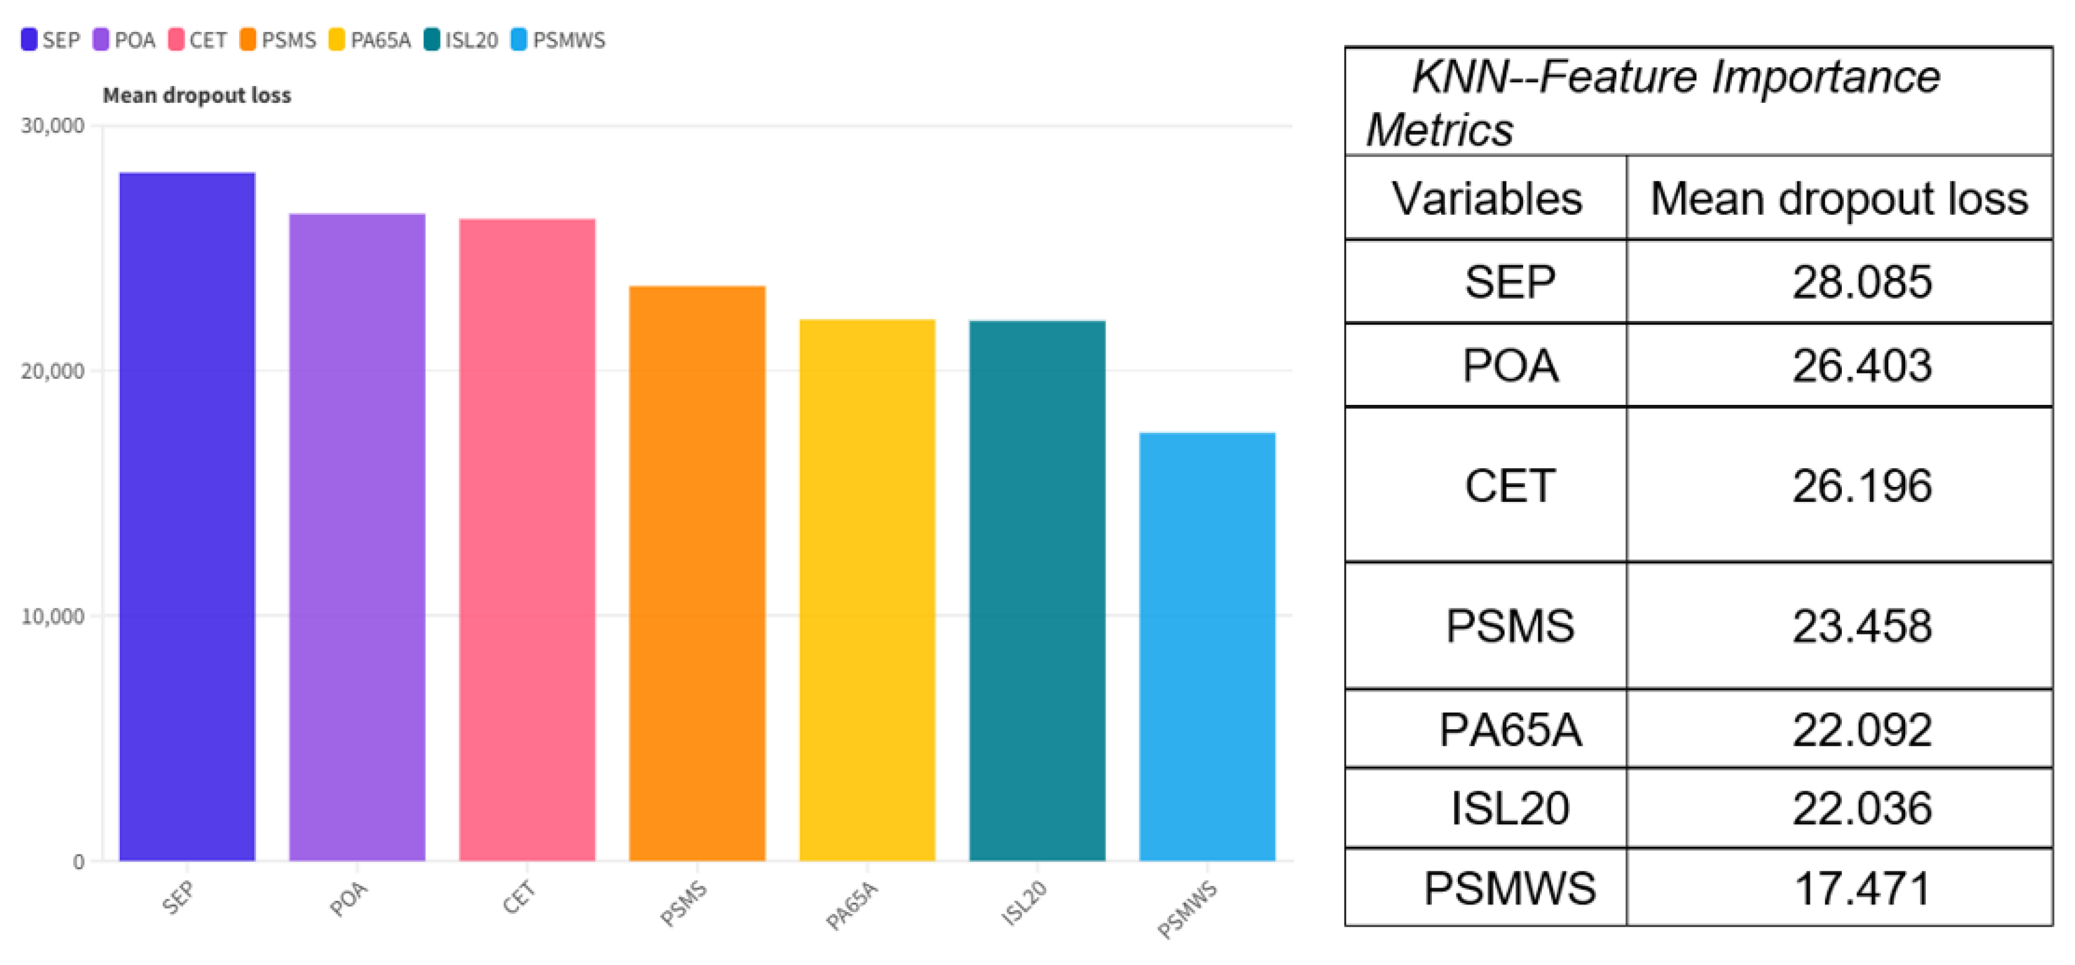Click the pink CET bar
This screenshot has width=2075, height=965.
click(527, 540)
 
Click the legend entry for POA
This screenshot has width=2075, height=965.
click(125, 40)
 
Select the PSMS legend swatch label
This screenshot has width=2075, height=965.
click(279, 40)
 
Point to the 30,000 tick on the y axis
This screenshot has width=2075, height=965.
click(52, 126)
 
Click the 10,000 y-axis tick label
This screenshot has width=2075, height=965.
click(52, 616)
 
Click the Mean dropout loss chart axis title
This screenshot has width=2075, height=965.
click(197, 95)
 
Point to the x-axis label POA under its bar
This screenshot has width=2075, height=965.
click(349, 898)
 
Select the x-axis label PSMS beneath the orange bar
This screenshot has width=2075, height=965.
click(683, 902)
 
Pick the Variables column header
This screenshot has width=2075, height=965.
click(1486, 198)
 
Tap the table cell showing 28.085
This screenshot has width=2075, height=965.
click(1862, 282)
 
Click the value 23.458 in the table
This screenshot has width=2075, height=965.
click(1862, 626)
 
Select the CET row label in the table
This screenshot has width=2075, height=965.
click(1510, 486)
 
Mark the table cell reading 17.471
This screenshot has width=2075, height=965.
click(1862, 888)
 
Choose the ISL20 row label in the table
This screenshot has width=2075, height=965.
click(1510, 808)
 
